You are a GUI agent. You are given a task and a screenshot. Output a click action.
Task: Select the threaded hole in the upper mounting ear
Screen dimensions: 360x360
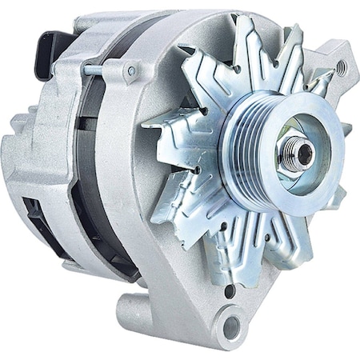coord(342,67)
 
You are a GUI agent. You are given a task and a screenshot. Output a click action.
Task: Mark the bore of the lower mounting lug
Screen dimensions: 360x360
coord(230,326)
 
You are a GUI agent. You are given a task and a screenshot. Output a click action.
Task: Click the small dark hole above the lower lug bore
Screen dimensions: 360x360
coord(230,291)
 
